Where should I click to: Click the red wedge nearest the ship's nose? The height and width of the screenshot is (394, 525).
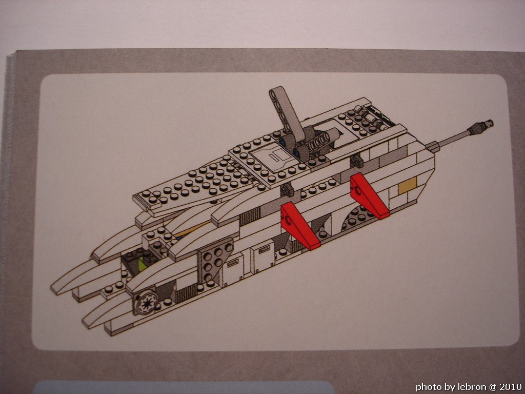pyautogui.click(x=299, y=226)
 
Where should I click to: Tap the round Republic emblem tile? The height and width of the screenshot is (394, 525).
pyautogui.click(x=147, y=303)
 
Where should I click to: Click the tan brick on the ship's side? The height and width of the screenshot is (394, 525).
pyautogui.click(x=407, y=185)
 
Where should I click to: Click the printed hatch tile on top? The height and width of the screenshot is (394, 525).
pyautogui.click(x=271, y=156)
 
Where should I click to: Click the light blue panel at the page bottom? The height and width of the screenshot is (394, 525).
pyautogui.click(x=184, y=387)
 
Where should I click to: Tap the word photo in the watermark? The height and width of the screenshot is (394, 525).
pyautogui.click(x=426, y=387)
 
